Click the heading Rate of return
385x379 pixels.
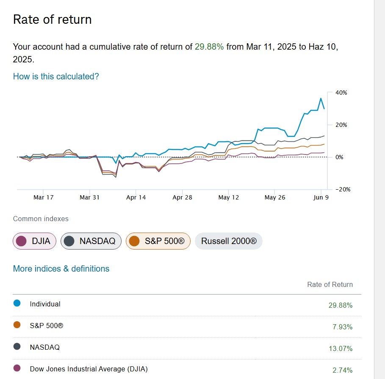pyautogui.click(x=53, y=20)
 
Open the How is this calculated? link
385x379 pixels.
pyautogui.click(x=56, y=76)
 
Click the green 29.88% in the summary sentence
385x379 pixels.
pyautogui.click(x=209, y=47)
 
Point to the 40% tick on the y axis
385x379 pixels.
pyautogui.click(x=341, y=93)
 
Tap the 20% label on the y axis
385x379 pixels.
pyautogui.click(x=341, y=125)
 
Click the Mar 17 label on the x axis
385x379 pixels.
pyautogui.click(x=43, y=197)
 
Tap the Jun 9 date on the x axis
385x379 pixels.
pyautogui.click(x=321, y=197)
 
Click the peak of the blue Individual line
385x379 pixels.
pyautogui.click(x=321, y=98)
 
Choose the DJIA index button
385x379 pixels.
pyautogui.click(x=35, y=241)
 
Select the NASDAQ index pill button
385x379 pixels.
pyautogui.click(x=91, y=241)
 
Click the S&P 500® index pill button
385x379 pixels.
pyautogui.click(x=158, y=241)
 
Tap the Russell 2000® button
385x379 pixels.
pyautogui.click(x=229, y=241)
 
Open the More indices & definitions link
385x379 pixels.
pyautogui.click(x=61, y=269)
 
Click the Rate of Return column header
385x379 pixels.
pyautogui.click(x=330, y=284)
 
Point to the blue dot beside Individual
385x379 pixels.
pyautogui.click(x=17, y=303)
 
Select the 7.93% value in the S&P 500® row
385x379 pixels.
pyautogui.click(x=343, y=327)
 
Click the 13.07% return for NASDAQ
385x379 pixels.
pyautogui.click(x=341, y=348)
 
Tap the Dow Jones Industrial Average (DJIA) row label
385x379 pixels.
pyautogui.click(x=89, y=369)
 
